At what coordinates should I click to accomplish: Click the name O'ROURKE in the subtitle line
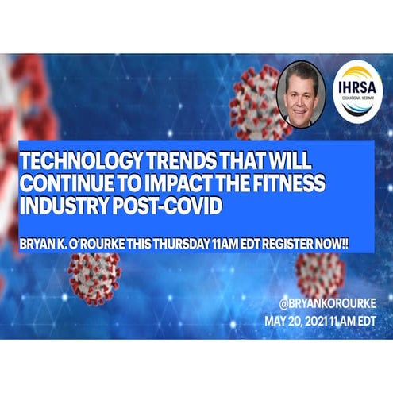108,236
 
